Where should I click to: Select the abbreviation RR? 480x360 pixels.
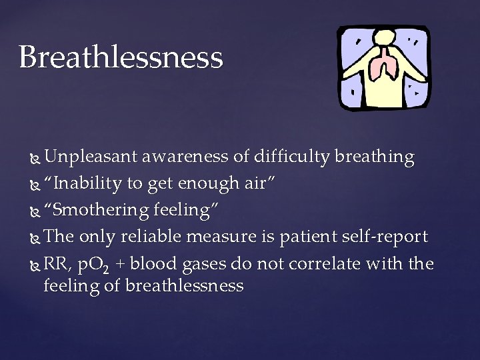click(55, 263)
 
